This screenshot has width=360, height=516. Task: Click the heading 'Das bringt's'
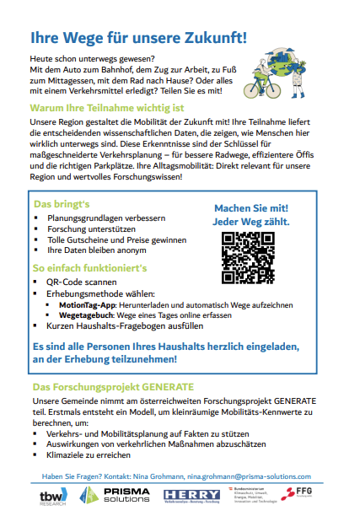(62, 204)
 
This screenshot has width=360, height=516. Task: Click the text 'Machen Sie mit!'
(251, 208)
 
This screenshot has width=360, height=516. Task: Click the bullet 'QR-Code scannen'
(82, 282)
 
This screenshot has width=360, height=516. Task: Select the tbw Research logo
(53, 496)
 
